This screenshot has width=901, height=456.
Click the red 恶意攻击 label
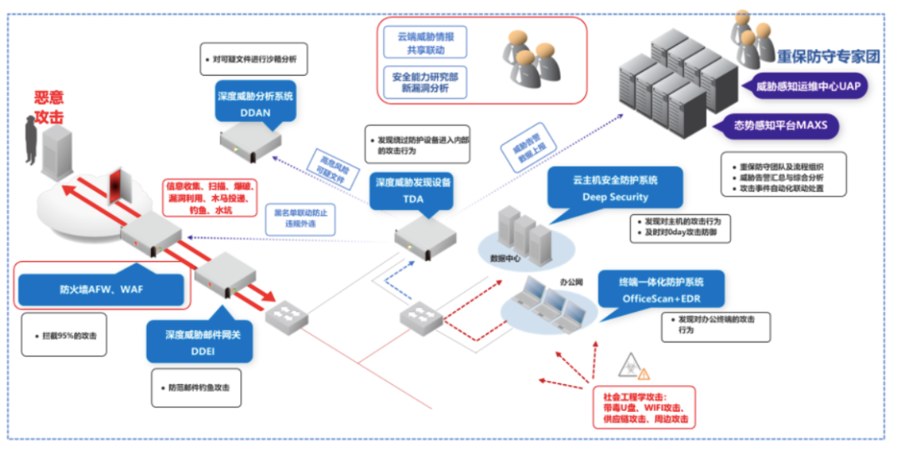pos(48,108)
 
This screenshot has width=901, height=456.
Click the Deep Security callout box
pos(615,188)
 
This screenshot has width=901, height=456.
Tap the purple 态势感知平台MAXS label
pos(785,126)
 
